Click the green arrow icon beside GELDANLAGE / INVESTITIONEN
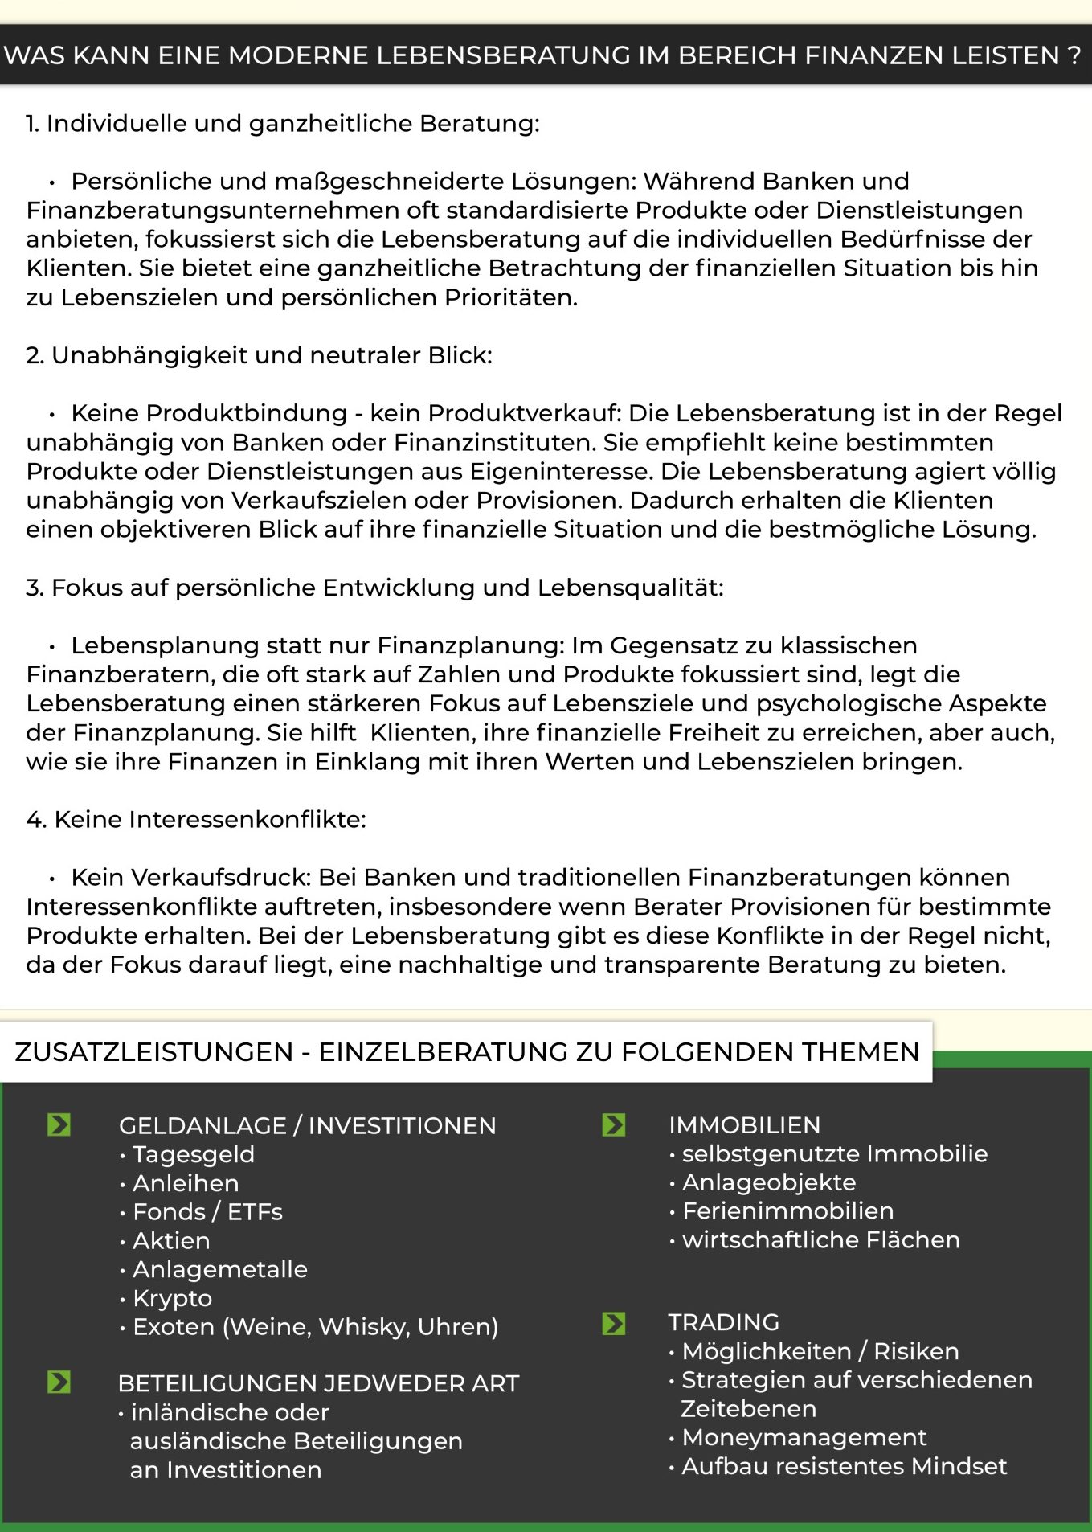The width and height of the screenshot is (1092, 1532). point(59,1124)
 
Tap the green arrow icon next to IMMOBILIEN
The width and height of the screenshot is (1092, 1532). point(614,1124)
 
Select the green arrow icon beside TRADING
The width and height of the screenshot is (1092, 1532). point(614,1323)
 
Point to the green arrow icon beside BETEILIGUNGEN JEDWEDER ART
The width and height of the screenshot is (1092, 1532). point(59,1382)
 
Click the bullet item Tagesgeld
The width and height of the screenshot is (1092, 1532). point(193,1154)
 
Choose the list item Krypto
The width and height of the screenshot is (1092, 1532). point(172,1298)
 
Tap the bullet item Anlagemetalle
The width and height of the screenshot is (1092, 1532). point(219,1269)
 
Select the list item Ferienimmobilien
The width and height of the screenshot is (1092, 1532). point(787,1210)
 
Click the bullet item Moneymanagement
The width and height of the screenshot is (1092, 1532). point(804,1437)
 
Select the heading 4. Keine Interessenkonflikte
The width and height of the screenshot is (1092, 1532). point(196,820)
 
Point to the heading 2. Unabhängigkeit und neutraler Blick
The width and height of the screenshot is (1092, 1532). point(259,355)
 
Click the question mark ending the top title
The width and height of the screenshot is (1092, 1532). point(1074,55)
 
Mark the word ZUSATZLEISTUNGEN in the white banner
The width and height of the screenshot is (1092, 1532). point(154,1052)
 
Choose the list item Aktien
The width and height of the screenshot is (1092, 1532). point(171,1241)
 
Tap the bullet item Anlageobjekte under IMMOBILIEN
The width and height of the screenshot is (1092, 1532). point(769,1182)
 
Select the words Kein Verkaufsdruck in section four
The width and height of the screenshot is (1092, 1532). point(190,878)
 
